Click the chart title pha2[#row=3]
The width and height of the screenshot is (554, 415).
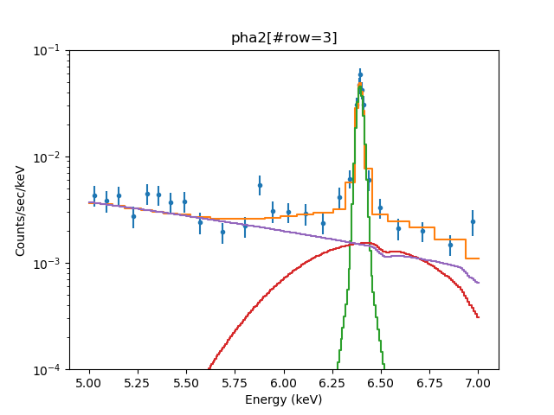point(284,38)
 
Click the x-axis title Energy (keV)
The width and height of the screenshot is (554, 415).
point(284,399)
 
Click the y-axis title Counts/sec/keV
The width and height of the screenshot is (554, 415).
point(21,210)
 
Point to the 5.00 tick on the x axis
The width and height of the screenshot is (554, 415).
point(89,382)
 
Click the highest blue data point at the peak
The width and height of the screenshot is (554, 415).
point(360,74)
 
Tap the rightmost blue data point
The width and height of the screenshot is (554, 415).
point(473,221)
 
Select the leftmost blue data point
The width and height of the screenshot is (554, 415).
point(94,195)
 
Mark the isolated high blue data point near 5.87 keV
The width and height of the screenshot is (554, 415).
point(260,185)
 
